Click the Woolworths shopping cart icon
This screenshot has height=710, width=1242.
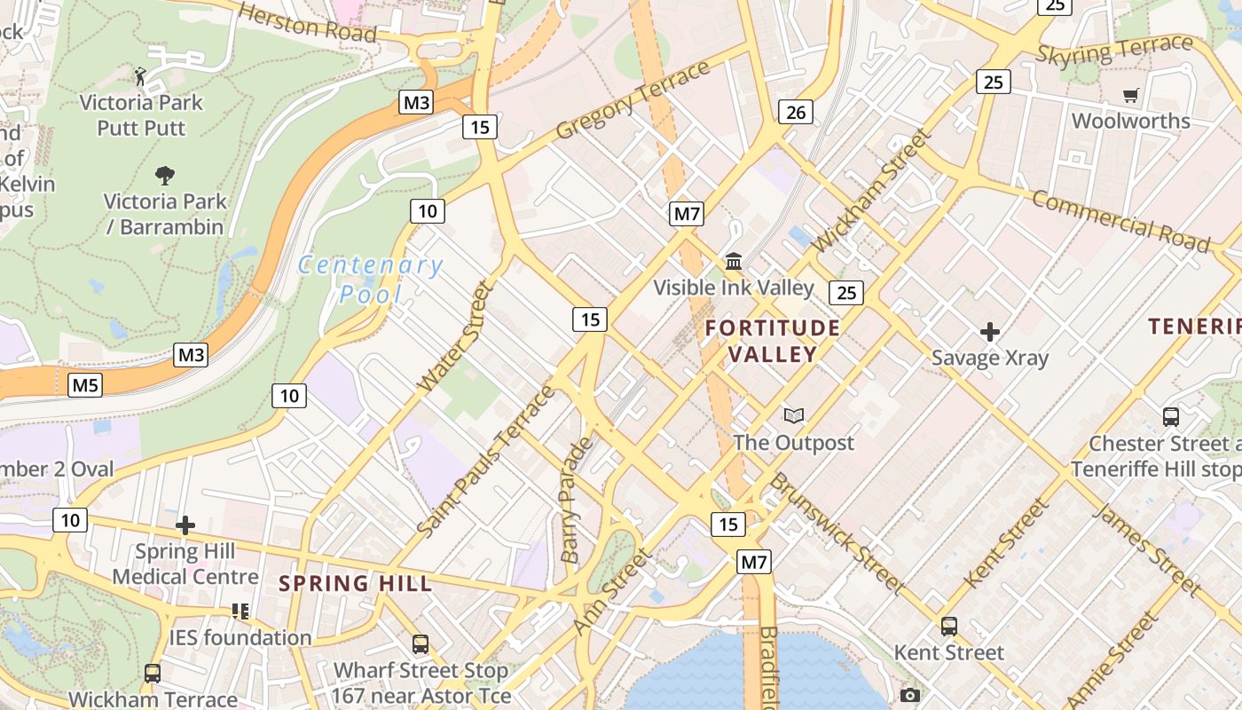pos(1130,95)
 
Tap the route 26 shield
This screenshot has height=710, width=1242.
pos(796,112)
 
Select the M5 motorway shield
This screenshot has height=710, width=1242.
pos(85,385)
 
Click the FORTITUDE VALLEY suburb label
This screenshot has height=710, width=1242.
pos(773,342)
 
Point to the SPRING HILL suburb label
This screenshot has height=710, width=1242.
pos(356,584)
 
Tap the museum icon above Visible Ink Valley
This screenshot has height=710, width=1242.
pos(734,261)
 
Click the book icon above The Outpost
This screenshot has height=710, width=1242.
pos(793,415)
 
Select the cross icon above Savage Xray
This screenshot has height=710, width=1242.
pos(990,332)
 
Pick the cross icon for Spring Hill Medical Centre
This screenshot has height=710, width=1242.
pos(185,525)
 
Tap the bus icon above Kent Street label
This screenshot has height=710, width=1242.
pos(948,626)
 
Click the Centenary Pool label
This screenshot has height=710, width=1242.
pos(371,279)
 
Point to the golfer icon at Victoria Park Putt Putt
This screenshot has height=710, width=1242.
pos(140,76)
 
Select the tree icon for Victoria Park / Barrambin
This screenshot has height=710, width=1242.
pos(164,175)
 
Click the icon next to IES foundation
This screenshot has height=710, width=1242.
pos(240,611)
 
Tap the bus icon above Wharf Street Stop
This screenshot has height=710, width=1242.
pos(420,644)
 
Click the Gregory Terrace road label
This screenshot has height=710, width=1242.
pos(633,100)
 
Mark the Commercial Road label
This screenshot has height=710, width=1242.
pos(1120,219)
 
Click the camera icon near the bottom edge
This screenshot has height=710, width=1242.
pos(909,695)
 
